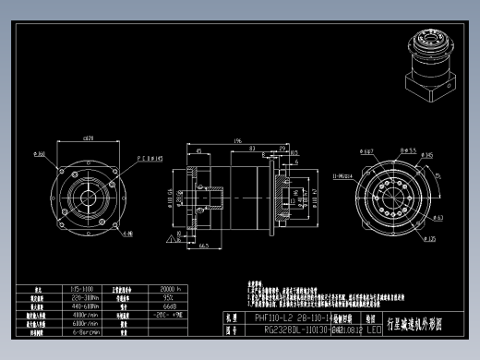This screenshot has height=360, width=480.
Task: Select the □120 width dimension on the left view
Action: point(89,138)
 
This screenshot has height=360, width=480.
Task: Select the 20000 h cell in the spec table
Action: point(169,289)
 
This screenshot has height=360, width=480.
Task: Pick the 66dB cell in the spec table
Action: point(169,306)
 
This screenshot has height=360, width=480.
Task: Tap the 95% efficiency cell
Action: point(169,297)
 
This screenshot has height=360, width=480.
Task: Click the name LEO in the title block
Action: point(374,329)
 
